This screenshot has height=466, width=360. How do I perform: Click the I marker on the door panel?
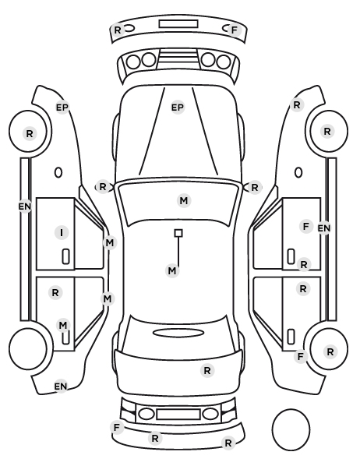(x=62, y=232)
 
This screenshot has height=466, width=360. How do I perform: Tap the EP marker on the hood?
(x=178, y=108)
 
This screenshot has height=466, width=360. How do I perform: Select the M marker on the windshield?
(x=184, y=200)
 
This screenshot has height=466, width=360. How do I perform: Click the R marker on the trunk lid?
(x=207, y=371)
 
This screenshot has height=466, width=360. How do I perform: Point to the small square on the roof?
(x=178, y=233)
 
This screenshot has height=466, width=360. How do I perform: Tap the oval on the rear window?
(x=178, y=333)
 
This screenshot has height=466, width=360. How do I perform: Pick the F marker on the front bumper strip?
(x=235, y=30)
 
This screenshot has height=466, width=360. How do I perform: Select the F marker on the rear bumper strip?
(x=117, y=427)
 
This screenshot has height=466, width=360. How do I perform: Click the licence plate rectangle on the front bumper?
(x=178, y=24)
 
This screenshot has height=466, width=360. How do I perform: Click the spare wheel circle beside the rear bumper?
(x=291, y=429)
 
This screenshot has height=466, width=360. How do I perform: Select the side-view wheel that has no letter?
(x=28, y=348)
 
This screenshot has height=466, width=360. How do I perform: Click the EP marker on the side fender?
(x=62, y=108)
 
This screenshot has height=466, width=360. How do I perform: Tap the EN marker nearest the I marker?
(x=25, y=206)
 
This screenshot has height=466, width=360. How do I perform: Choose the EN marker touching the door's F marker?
(x=323, y=228)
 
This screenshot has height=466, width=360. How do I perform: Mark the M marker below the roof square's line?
(x=172, y=270)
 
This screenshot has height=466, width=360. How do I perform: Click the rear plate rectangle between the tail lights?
(x=178, y=414)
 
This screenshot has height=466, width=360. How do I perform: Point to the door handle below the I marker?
(x=65, y=256)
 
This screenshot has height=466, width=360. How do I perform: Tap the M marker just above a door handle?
(x=63, y=326)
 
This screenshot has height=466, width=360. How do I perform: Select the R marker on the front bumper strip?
(x=118, y=30)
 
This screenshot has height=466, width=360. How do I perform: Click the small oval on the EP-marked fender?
(x=58, y=172)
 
